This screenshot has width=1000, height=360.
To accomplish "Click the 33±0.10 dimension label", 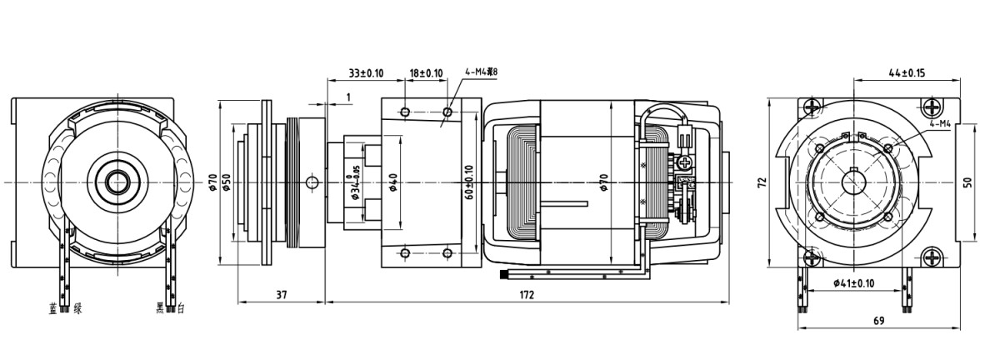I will (x=366, y=73).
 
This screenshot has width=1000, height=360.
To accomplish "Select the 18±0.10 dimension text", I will (x=426, y=73).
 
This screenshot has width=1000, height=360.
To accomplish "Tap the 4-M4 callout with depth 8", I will (x=482, y=72).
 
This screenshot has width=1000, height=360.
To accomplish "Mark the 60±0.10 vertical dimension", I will (x=470, y=182).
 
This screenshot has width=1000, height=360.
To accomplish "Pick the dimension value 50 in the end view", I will (x=967, y=182).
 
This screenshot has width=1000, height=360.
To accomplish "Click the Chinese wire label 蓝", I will (x=54, y=308).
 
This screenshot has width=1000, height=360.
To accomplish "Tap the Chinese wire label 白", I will (x=181, y=308).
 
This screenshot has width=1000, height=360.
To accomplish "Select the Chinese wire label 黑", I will (x=161, y=308).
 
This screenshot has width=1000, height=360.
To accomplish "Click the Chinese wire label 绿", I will (x=77, y=308).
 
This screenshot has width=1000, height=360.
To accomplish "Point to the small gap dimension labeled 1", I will (x=347, y=97).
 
